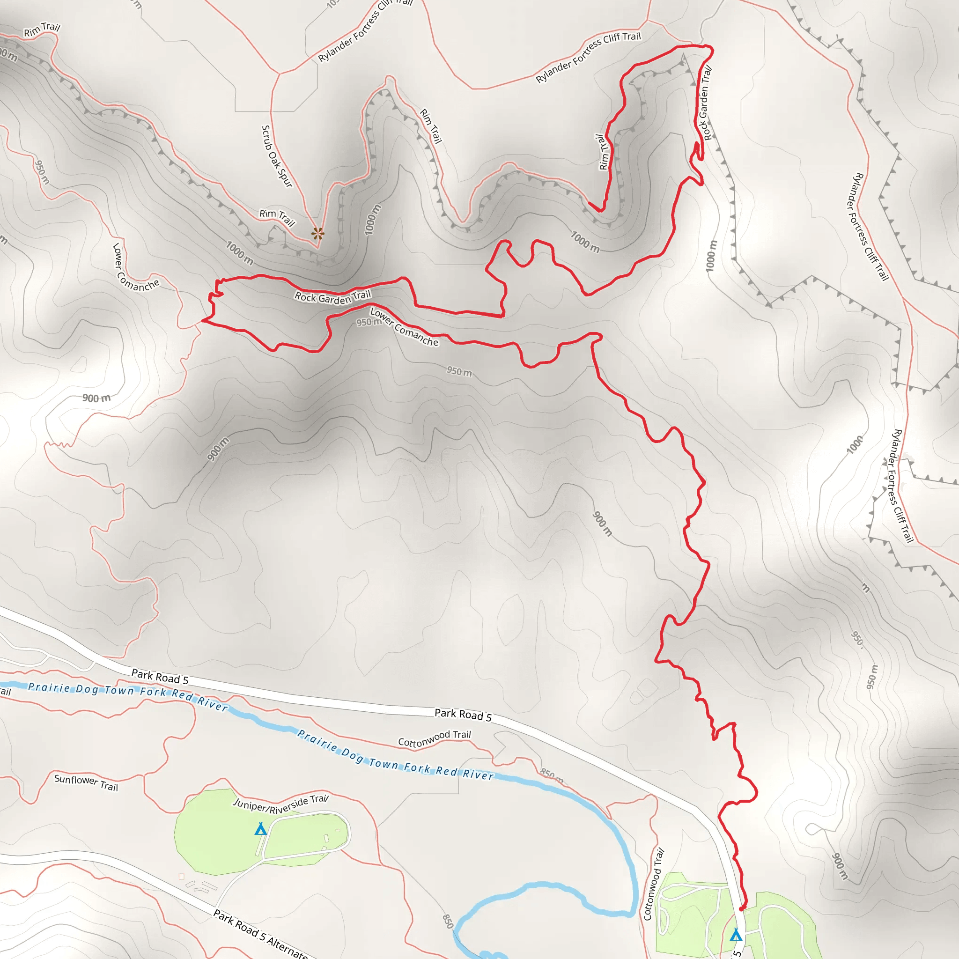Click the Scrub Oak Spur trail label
[276, 156]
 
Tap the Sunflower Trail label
[86, 782]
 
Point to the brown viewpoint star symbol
[317, 233]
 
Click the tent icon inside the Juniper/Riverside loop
[261, 828]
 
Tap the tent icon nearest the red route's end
[736, 935]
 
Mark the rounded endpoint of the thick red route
[742, 909]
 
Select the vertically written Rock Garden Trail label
[705, 103]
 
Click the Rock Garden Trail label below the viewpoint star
[332, 297]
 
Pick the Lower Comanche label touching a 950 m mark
[404, 327]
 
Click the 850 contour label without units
[447, 920]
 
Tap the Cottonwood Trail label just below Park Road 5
[435, 738]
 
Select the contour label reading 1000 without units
[854, 445]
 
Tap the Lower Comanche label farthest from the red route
[135, 268]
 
